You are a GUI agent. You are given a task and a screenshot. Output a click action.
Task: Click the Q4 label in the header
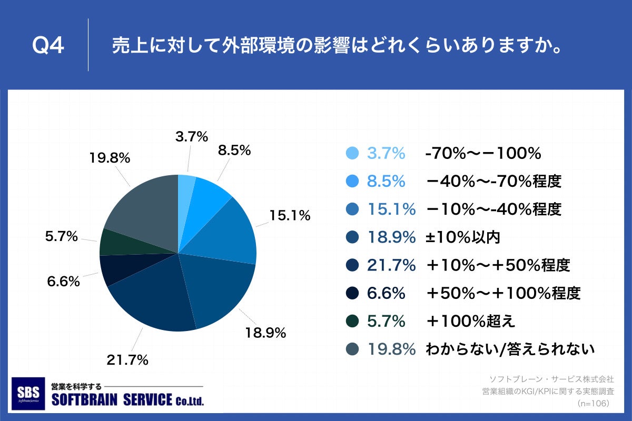(x=48, y=46)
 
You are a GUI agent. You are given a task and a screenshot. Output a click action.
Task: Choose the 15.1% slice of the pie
(x=226, y=232)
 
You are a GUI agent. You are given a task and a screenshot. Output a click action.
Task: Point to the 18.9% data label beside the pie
(x=265, y=333)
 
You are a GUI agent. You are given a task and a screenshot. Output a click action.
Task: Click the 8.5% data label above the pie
(x=234, y=151)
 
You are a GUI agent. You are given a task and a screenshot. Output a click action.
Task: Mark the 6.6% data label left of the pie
(x=63, y=282)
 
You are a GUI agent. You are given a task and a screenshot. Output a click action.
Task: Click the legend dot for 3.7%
(x=352, y=153)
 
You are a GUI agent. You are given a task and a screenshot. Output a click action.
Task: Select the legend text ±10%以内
(x=462, y=237)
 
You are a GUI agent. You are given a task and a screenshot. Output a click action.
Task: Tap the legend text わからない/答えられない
(x=510, y=349)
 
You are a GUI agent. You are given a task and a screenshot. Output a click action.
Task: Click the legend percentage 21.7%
(x=391, y=265)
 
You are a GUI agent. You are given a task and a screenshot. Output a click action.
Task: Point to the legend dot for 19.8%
(x=352, y=349)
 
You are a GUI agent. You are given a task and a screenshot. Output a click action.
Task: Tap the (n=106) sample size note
(x=593, y=403)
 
